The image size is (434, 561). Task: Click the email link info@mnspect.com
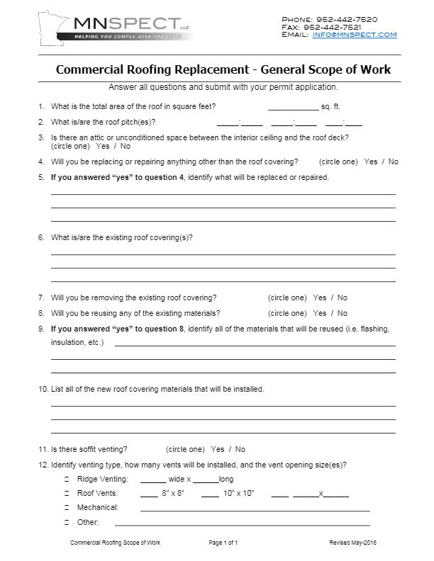354,35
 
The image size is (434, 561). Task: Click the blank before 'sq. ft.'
293,108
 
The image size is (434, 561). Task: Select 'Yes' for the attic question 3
102,146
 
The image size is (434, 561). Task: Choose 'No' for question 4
394,161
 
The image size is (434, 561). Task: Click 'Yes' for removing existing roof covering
319,297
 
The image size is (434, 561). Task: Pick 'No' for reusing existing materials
343,313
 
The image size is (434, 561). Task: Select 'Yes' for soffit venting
217,449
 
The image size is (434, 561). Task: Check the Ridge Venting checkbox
67,480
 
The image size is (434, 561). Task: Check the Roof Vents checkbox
67,493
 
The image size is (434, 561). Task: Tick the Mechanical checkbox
67,507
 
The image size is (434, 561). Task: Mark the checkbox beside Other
67,523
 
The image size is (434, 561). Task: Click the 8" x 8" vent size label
172,492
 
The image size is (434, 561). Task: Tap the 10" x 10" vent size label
238,492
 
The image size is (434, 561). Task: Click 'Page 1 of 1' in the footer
223,543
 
